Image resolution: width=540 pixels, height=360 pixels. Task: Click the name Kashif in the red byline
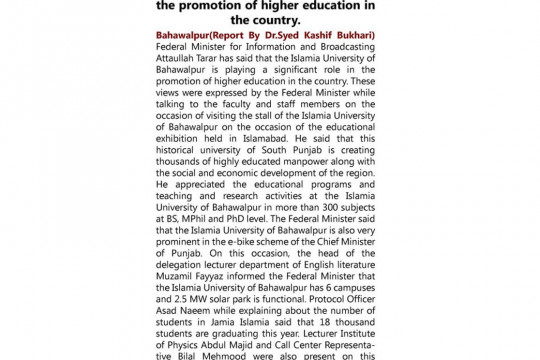click(308, 37)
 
